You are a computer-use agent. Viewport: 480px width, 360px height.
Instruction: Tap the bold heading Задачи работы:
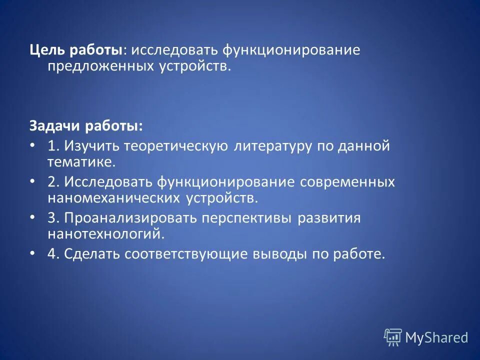[x=85, y=125]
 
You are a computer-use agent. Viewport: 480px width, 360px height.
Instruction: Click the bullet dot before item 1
[x=33, y=145]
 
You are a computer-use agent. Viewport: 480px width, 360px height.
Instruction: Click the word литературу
[x=270, y=146]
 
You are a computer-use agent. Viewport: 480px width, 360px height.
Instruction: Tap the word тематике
[x=81, y=162]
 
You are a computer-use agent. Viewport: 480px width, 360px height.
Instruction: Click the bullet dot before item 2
[x=33, y=181]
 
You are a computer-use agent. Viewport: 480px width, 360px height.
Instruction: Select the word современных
[x=347, y=182]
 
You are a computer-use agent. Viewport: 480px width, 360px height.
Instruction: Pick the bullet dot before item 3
[x=33, y=217]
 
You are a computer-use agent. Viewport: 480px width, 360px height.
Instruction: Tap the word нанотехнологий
[x=106, y=234]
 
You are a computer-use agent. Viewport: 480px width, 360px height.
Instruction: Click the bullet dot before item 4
[x=33, y=253]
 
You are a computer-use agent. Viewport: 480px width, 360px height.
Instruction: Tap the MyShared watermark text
[x=436, y=338]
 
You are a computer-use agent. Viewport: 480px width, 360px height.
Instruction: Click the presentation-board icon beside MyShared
[x=393, y=337]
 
